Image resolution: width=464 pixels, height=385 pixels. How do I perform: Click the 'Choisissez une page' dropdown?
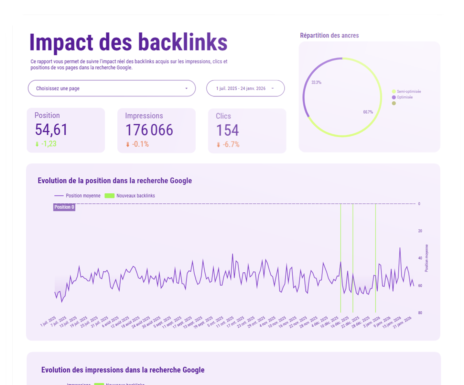(x=112, y=88)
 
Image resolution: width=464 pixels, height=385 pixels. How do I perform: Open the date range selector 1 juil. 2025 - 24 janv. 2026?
(x=245, y=88)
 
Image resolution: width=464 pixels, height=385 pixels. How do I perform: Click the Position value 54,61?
(x=51, y=130)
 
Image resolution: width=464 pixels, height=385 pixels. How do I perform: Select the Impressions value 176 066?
(x=149, y=130)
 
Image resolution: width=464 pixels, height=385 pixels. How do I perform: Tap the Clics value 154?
(x=227, y=130)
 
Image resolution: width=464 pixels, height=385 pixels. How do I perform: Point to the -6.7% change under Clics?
(x=231, y=144)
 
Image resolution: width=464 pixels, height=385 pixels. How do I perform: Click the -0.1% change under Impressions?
(x=140, y=144)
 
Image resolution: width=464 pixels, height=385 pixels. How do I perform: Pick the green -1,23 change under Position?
(x=49, y=144)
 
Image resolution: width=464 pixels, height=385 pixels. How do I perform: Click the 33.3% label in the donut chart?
(x=316, y=83)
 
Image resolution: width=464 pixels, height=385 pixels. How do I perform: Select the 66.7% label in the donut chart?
(x=368, y=112)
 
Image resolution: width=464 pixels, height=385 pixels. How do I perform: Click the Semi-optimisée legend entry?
(x=408, y=92)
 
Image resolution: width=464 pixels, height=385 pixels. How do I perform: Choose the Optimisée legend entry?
(x=404, y=97)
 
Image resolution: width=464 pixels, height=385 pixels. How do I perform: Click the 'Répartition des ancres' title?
(x=329, y=36)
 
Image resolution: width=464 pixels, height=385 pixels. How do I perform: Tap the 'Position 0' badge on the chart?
(x=64, y=207)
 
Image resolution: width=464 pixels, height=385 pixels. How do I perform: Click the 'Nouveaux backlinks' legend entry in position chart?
(x=135, y=196)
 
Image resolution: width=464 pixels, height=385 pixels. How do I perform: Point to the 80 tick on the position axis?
(x=420, y=313)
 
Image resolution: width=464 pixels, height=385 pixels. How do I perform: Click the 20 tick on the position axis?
(x=420, y=231)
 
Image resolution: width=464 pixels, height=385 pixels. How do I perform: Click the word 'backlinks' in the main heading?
(x=183, y=42)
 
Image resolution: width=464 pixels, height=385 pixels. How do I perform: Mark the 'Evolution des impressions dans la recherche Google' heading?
(x=123, y=370)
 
